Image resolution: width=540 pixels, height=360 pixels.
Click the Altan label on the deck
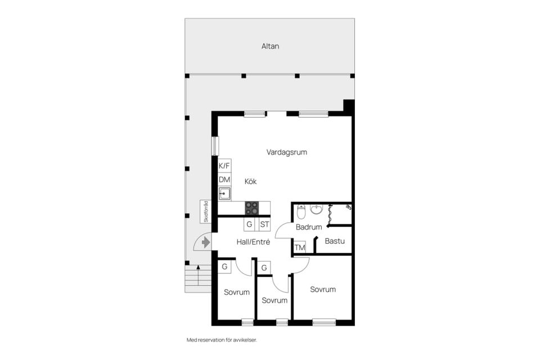click(270, 46)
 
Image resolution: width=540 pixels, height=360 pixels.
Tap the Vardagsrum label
click(286, 152)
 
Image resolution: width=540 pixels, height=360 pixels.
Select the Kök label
click(250, 182)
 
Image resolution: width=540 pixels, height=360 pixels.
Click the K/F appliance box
click(224, 166)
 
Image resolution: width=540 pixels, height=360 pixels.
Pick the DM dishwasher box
click(224, 179)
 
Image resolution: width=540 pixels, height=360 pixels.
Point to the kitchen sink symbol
click(224, 193)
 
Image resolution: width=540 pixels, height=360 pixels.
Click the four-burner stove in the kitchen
click(252, 208)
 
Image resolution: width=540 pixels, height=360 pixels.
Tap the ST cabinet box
click(264, 224)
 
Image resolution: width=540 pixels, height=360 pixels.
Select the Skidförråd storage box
click(206, 211)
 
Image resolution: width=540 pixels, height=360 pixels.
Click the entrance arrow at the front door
click(206, 242)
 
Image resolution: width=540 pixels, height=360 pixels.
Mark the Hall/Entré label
click(253, 242)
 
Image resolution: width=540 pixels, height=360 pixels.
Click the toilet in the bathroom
click(301, 211)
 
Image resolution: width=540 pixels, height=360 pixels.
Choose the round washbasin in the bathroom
click(316, 209)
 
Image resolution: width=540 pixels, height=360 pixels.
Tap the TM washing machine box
click(300, 247)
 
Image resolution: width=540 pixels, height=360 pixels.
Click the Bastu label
click(335, 241)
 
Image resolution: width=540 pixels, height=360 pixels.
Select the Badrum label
click(309, 227)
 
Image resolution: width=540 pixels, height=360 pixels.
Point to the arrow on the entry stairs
click(198, 275)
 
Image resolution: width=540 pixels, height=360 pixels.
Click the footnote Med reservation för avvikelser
click(222, 340)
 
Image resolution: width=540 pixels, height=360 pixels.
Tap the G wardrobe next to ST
click(249, 224)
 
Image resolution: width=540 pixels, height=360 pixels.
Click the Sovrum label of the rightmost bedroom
click(323, 289)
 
